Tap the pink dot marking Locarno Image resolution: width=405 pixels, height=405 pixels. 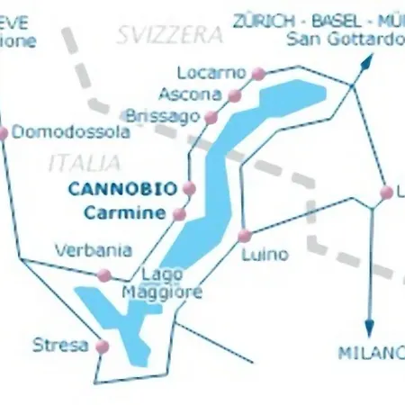(258, 73)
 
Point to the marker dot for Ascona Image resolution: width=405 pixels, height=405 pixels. (235, 94)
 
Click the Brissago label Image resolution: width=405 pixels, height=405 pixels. (164, 117)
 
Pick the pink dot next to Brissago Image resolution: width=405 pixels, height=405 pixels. (211, 117)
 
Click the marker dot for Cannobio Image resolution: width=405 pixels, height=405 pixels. (189, 188)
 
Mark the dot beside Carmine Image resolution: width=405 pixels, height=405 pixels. (179, 214)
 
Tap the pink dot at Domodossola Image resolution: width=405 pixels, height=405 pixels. (3, 133)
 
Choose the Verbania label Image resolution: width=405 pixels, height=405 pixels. (93, 251)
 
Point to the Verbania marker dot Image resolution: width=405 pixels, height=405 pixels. (104, 274)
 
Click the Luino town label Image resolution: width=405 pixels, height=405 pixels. (265, 255)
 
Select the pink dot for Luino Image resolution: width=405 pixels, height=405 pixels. (244, 236)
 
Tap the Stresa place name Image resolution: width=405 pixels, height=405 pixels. (60, 345)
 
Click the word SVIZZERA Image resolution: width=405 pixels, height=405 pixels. (169, 35)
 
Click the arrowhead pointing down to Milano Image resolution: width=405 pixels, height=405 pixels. (369, 329)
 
